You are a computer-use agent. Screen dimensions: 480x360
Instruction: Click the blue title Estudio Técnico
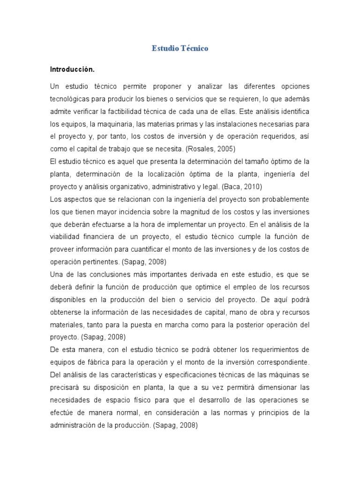point(180,48)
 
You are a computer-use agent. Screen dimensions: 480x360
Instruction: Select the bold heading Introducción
point(72,69)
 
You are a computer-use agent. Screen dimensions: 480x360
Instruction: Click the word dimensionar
point(278,388)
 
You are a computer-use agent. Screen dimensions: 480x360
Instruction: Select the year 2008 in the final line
point(187,425)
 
